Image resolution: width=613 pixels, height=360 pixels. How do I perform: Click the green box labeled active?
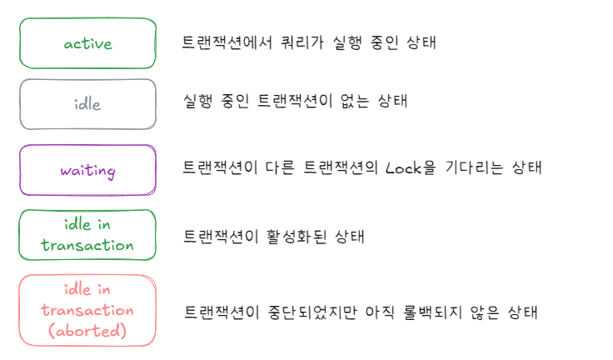tap(87, 43)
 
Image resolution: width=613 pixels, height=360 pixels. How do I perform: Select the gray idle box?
tap(87, 105)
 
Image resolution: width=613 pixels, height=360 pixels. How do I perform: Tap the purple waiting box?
tap(87, 171)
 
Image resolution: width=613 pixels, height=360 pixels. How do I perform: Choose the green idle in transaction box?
tap(87, 235)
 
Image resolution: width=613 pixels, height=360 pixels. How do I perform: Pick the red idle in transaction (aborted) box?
tap(87, 310)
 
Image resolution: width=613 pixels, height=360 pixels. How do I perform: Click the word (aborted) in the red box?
tap(87, 331)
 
